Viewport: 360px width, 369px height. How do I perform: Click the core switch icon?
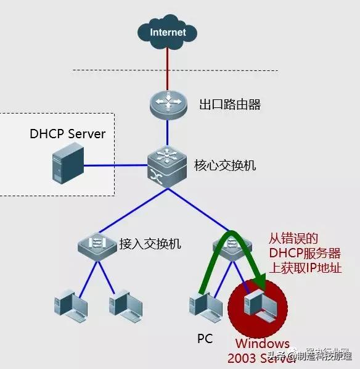click(167, 165)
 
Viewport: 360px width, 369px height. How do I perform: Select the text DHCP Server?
click(68, 134)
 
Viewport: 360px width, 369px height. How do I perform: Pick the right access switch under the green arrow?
click(229, 244)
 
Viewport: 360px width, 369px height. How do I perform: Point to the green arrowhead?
click(258, 284)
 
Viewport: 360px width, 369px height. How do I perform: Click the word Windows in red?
click(261, 344)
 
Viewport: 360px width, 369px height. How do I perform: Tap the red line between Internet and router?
click(168, 68)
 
